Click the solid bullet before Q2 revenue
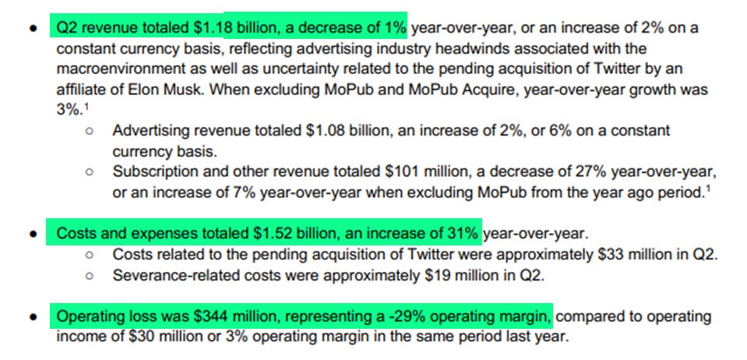point(33,29)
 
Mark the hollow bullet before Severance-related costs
point(91,275)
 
